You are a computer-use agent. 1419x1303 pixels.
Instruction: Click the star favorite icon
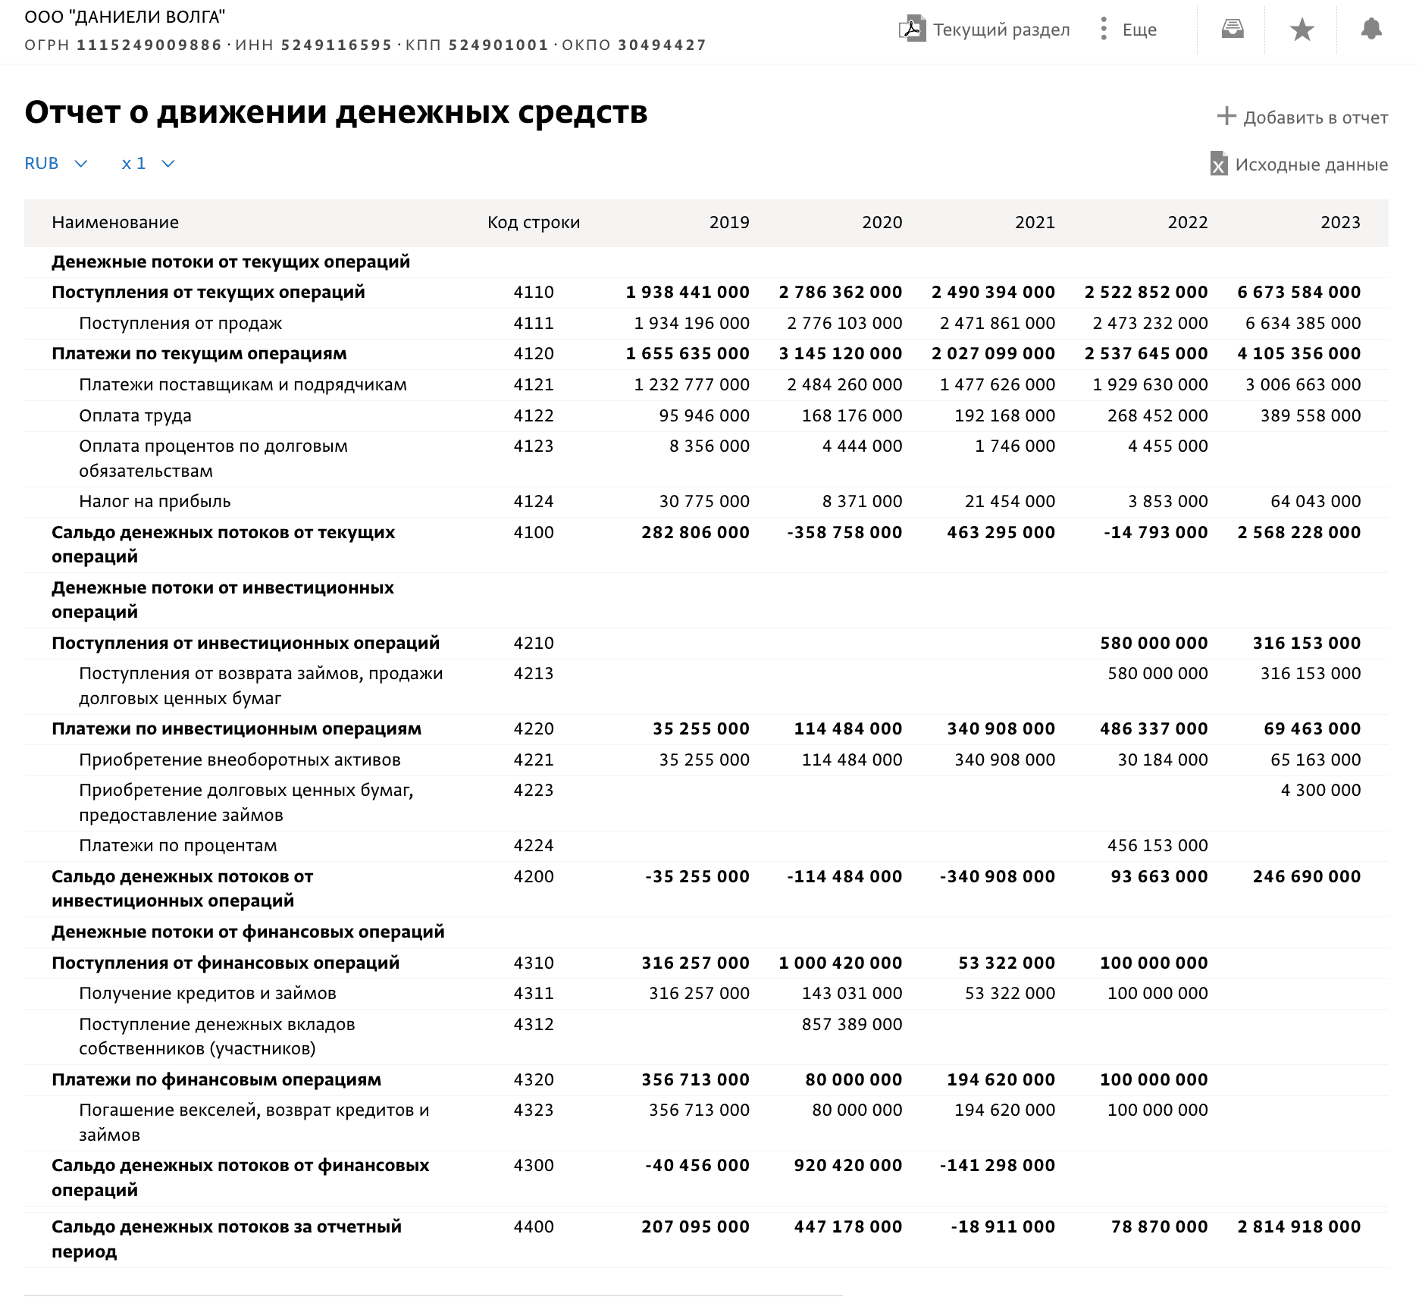coord(1302,30)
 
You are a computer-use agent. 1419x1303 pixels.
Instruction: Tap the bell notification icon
coord(1370,30)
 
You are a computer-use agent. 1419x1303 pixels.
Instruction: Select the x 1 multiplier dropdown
coord(148,164)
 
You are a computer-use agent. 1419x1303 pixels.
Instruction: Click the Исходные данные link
coord(1299,164)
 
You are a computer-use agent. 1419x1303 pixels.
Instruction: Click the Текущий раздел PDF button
coord(985,30)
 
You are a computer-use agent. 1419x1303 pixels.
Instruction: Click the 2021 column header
coord(1034,222)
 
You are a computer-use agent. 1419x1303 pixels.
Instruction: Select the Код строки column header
coord(533,222)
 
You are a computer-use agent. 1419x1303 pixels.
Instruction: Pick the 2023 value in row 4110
coord(1298,292)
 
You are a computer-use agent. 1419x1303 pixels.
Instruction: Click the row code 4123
coord(533,446)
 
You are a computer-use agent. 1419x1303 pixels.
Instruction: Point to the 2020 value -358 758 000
coord(844,532)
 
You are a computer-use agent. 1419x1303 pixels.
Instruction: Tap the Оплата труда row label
coord(135,415)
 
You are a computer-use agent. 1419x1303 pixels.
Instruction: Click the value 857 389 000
coord(851,1024)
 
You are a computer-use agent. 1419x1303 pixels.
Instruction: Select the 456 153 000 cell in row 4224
coord(1157,845)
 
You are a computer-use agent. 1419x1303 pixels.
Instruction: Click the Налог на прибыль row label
coord(155,501)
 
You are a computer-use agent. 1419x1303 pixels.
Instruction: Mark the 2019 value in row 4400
coord(694,1226)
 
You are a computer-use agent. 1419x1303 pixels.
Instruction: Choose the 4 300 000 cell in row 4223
coord(1320,790)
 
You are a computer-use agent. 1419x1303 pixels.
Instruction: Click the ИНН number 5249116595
coord(337,45)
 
